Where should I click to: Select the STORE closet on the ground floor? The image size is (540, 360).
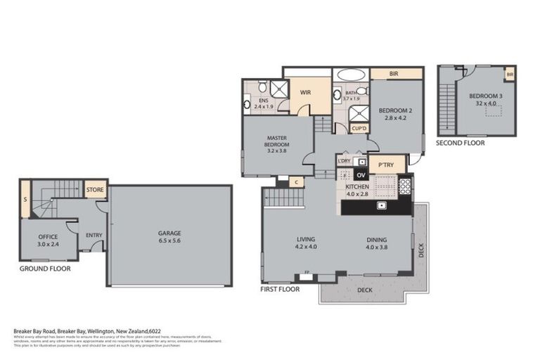pyautogui.click(x=94, y=190)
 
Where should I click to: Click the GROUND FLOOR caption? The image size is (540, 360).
pyautogui.click(x=45, y=268)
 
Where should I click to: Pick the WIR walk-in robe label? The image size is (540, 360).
pyautogui.click(x=306, y=92)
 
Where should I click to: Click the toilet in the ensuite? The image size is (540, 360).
pyautogui.click(x=262, y=88)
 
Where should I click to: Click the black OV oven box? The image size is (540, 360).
pyautogui.click(x=361, y=174)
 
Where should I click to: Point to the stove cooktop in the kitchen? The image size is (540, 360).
pyautogui.click(x=405, y=186)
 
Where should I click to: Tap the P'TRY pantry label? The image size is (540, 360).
pyautogui.click(x=386, y=165)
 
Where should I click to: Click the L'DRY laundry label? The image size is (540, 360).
pyautogui.click(x=344, y=162)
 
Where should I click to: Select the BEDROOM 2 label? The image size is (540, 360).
pyautogui.click(x=394, y=110)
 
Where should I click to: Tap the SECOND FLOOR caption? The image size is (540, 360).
pyautogui.click(x=460, y=142)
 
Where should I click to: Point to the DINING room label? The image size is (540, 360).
pyautogui.click(x=377, y=239)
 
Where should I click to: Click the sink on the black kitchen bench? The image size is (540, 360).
pyautogui.click(x=380, y=205)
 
